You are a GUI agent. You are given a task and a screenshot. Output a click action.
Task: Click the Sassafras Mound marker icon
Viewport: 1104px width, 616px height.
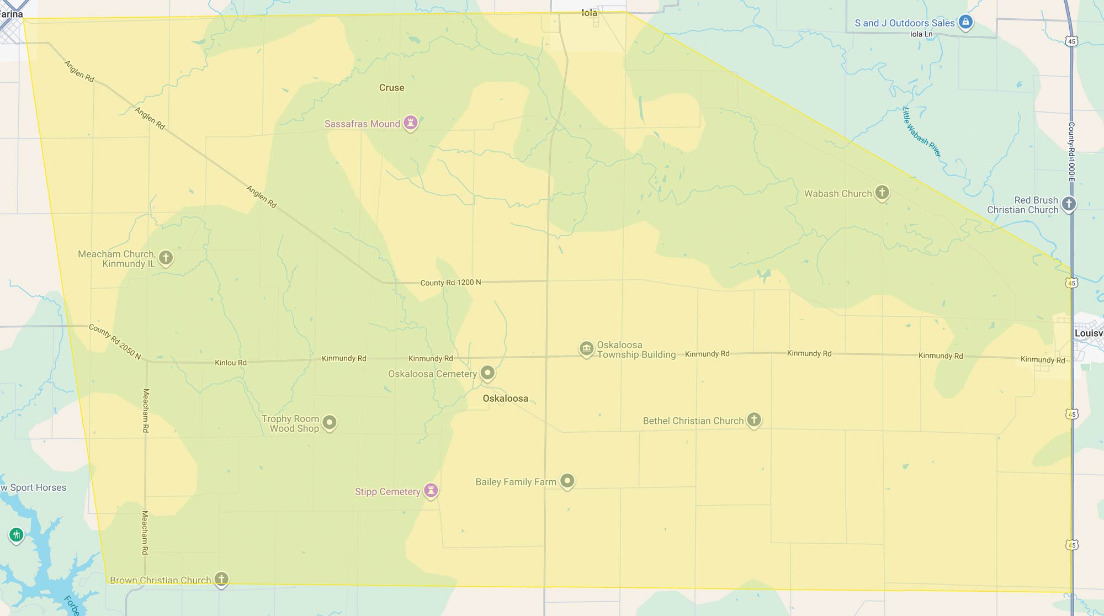pos(410,122)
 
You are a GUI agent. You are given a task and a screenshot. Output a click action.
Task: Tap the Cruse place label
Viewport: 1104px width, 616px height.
pos(391,88)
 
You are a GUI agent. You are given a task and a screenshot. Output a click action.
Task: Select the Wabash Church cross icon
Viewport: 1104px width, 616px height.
pos(882,193)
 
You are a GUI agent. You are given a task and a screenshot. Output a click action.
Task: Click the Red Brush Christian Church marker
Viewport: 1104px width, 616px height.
pos(1069,204)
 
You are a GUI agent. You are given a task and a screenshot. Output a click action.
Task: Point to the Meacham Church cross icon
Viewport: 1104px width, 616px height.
pos(166,257)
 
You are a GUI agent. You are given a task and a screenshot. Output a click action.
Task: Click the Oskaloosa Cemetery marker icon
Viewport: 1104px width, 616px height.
pos(487,373)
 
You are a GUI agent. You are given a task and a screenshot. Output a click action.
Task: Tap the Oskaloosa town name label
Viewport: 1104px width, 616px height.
pos(505,399)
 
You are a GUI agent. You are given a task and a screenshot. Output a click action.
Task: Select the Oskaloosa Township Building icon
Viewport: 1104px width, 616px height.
pos(586,348)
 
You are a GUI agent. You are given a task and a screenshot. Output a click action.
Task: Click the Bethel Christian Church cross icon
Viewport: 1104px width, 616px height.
pos(753,419)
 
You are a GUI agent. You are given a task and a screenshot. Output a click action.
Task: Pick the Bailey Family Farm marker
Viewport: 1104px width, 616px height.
pos(567,481)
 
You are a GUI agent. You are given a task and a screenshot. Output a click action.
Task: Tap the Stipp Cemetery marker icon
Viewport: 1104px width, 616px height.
pos(431,490)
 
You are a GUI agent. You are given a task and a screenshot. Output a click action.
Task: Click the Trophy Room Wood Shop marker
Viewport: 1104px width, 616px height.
pos(330,423)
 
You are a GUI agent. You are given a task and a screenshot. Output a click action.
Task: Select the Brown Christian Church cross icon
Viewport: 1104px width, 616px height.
pos(221,578)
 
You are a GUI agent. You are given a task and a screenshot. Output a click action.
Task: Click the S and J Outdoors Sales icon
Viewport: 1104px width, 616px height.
pos(965,22)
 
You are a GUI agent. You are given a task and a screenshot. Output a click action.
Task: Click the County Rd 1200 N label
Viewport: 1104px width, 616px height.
pos(450,283)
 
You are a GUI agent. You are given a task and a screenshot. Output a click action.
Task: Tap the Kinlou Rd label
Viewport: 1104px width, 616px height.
pos(230,363)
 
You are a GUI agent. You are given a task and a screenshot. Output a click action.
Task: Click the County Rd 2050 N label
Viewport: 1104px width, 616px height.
pos(115,341)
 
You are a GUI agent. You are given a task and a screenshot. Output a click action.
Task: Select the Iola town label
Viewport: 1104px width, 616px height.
pos(589,13)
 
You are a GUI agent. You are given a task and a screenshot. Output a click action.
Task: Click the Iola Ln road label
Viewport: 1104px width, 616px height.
pos(921,34)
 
